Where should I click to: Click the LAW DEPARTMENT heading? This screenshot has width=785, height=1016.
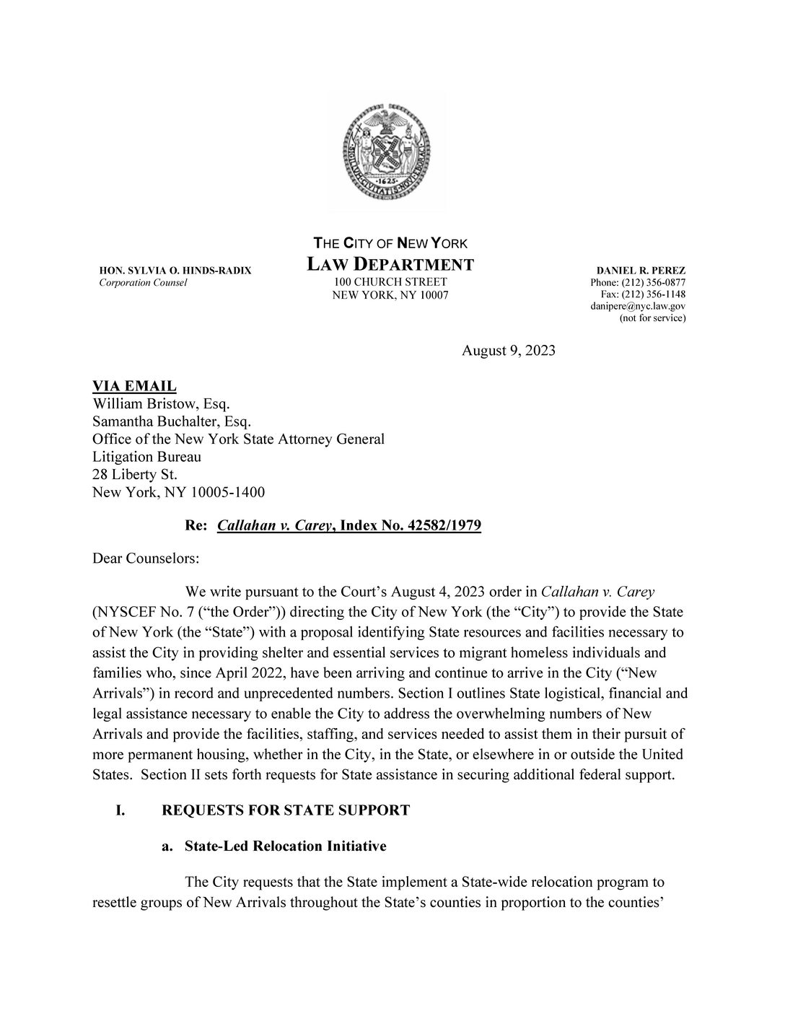(x=390, y=264)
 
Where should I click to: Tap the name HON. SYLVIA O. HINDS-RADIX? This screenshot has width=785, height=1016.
(x=175, y=271)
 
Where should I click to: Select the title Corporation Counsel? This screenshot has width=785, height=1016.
(x=143, y=283)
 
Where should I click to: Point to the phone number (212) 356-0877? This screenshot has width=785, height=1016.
(x=655, y=282)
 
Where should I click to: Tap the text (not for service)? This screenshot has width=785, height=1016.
(x=653, y=317)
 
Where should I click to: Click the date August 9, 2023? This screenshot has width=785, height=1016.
(x=509, y=351)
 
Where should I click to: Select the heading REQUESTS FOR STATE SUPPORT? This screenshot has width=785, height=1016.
(x=286, y=810)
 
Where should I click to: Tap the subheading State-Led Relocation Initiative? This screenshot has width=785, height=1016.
(x=285, y=846)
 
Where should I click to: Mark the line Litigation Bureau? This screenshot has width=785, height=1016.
(x=147, y=457)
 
